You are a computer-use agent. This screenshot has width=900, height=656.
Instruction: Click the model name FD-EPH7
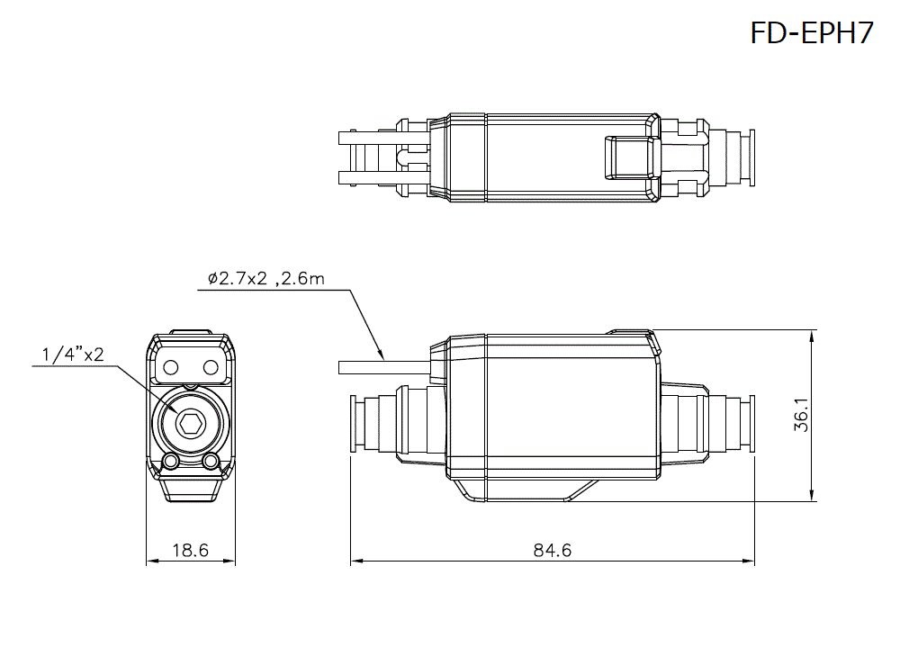point(811,33)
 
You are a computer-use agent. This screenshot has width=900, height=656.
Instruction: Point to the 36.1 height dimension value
point(801,416)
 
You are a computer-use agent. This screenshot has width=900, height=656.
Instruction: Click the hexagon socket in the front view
point(190,423)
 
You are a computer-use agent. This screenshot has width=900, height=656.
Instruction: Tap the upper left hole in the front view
point(170,366)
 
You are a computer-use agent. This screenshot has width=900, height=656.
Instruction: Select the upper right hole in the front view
point(210,366)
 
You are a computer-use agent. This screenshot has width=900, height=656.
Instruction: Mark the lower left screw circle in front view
point(170,462)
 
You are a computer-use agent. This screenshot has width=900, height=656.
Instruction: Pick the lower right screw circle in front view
point(211,462)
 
